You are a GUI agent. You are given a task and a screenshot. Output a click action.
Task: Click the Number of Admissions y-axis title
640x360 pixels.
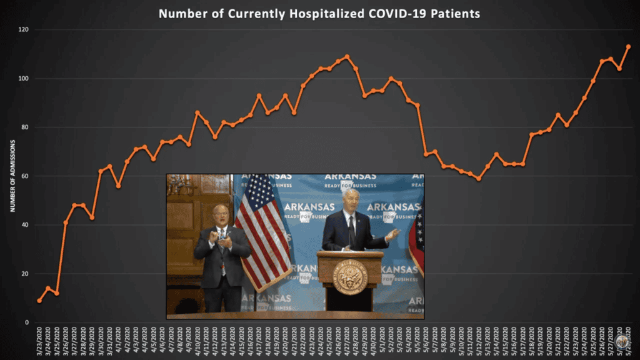(x=12, y=176)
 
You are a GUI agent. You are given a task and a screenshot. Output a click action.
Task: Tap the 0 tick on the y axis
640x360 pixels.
(x=27, y=322)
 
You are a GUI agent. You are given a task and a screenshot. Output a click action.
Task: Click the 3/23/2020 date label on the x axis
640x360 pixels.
(x=39, y=341)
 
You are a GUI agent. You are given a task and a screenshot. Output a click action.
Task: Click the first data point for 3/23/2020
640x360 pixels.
(x=39, y=301)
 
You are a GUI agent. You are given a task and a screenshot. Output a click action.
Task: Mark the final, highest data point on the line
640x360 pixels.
(x=628, y=46)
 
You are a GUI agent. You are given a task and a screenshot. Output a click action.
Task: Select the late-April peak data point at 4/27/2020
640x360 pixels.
(x=347, y=56)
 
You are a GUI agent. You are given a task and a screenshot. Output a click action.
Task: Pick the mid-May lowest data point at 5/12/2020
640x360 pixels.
(x=479, y=179)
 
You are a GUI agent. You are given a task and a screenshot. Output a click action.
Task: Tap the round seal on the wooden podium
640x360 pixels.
(x=350, y=277)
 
